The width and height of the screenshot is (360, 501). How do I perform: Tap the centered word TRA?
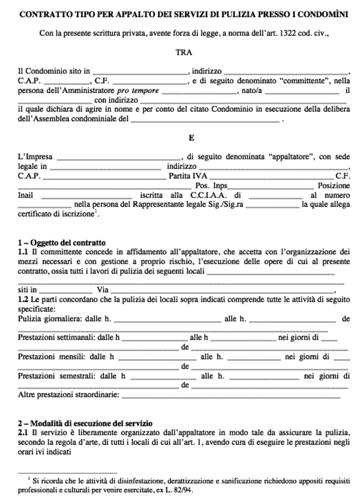(184, 53)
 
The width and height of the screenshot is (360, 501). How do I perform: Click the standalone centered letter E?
(191, 138)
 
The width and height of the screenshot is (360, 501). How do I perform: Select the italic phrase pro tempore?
(138, 91)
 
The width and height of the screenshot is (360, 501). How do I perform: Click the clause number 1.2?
(23, 299)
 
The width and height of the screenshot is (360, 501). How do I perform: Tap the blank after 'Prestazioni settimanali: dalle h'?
(155, 338)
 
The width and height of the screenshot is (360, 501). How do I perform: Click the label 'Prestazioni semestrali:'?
(57, 376)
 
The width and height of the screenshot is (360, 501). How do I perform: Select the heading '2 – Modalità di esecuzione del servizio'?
(85, 423)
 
